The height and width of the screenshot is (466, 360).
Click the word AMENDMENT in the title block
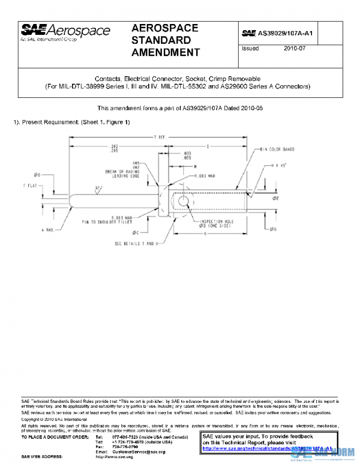(x=165, y=52)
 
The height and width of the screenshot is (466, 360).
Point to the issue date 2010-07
(x=295, y=49)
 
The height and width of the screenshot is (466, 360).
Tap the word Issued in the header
(x=250, y=49)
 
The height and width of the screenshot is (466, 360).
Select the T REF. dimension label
(x=159, y=138)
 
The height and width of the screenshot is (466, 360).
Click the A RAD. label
(x=49, y=230)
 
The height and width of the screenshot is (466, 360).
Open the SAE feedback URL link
(x=267, y=448)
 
